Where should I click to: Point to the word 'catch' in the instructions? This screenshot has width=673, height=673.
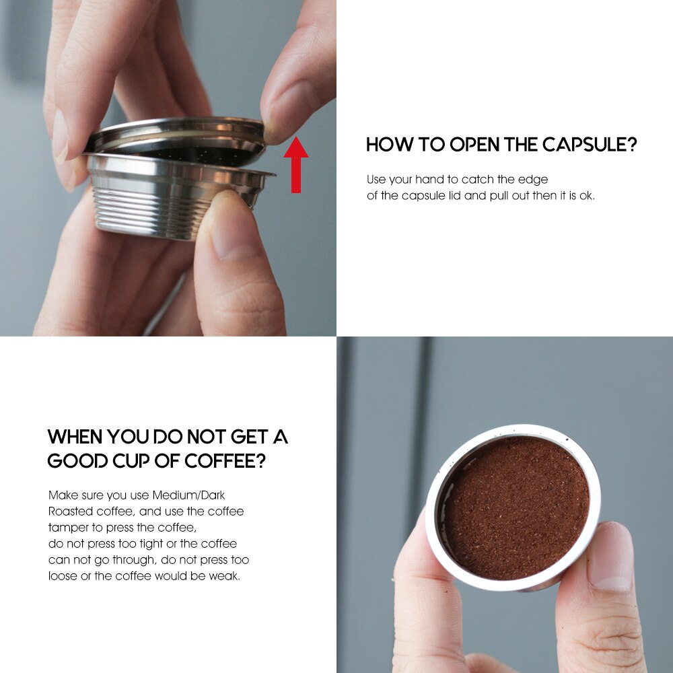point(476,180)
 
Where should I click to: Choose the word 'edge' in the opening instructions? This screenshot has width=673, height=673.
point(534,180)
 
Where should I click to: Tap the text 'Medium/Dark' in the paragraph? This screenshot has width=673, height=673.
point(188,495)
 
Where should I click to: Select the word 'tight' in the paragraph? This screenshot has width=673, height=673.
point(152,544)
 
